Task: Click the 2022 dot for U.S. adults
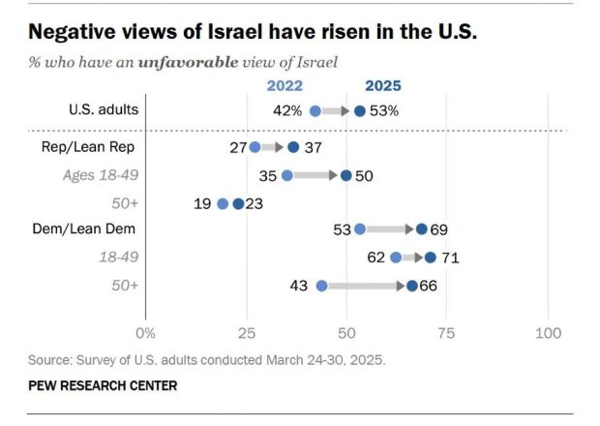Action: pyautogui.click(x=315, y=111)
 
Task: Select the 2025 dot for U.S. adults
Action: pyautogui.click(x=360, y=111)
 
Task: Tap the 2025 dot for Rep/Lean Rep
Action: pyautogui.click(x=294, y=147)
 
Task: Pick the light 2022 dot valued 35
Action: pyautogui.click(x=286, y=175)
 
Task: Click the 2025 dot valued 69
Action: pyautogui.click(x=421, y=229)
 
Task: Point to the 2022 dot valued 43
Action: pyautogui.click(x=321, y=286)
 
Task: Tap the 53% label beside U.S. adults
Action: pyautogui.click(x=383, y=110)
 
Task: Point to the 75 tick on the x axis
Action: pyautogui.click(x=447, y=334)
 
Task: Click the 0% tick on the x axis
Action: pyautogui.click(x=145, y=334)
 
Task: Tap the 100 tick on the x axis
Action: pyautogui.click(x=548, y=334)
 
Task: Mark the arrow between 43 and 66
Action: pyautogui.click(x=364, y=286)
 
